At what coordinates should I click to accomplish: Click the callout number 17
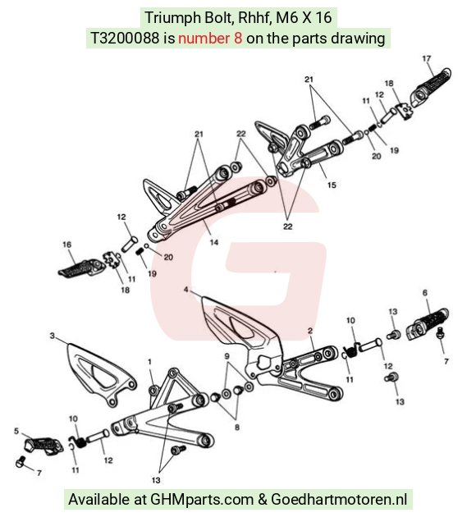tap(426, 58)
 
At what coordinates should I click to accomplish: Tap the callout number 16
tap(66, 245)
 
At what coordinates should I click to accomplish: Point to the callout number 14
tap(214, 242)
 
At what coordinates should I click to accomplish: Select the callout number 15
tap(332, 185)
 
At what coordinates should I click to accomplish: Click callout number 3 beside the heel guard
tap(52, 336)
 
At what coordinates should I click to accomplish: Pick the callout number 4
tap(186, 290)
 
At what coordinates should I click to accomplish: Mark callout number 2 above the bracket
tap(310, 331)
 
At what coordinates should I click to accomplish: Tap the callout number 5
tap(16, 431)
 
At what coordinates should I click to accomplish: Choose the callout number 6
tap(425, 292)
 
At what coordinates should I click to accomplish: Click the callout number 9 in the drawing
tap(227, 356)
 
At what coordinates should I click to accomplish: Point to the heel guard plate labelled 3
tap(101, 374)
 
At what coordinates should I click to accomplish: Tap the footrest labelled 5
tap(43, 445)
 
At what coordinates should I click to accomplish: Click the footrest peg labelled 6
tap(428, 324)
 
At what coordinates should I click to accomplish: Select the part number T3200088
tap(125, 39)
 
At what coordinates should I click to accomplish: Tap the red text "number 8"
tap(210, 39)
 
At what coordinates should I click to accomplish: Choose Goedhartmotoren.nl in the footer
tap(339, 499)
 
